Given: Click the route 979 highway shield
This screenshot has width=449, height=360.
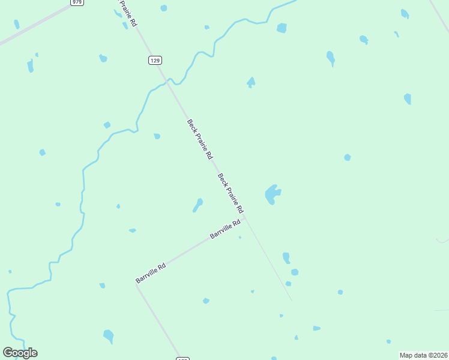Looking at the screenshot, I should point(76,2).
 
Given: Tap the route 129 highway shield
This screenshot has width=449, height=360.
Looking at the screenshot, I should point(155,60).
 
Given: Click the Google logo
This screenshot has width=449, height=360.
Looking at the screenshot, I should point(20,352).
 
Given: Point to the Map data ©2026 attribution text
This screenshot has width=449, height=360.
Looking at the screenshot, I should point(423,355).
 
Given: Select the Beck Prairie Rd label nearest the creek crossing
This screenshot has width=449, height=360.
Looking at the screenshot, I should point(199,139).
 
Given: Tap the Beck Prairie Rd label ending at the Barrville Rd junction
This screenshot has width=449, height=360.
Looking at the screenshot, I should point(231,193).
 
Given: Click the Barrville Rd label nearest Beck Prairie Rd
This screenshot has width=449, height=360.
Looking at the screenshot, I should point(225,229).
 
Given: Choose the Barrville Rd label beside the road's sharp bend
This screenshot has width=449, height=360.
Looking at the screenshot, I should point(151,272).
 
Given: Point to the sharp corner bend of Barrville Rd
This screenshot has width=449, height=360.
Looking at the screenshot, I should point(136,285).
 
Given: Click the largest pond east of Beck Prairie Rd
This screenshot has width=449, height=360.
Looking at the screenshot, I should point(273,194).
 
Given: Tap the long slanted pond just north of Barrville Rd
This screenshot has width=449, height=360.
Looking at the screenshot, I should point(197,205).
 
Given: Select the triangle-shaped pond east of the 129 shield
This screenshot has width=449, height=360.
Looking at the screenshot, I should point(251,82).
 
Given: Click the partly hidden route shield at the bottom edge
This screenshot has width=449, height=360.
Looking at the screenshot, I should point(183,358).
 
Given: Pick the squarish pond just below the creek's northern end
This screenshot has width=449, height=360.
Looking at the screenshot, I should point(282,28).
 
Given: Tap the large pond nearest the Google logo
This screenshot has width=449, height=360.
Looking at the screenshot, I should point(109,335).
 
